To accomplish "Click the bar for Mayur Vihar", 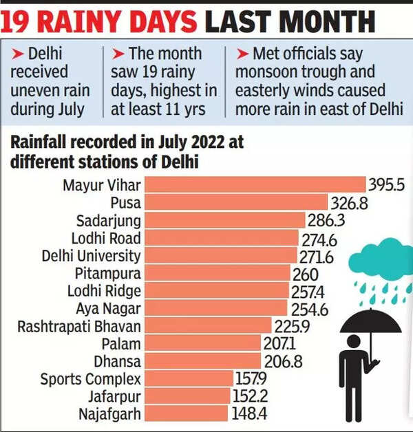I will pyautogui.click(x=255, y=185).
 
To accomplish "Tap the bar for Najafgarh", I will pyautogui.click(x=187, y=413).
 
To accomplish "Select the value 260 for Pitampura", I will pyautogui.click(x=306, y=273).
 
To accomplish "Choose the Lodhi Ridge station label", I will pyautogui.click(x=103, y=291).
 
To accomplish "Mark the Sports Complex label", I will pyautogui.click(x=90, y=379).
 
